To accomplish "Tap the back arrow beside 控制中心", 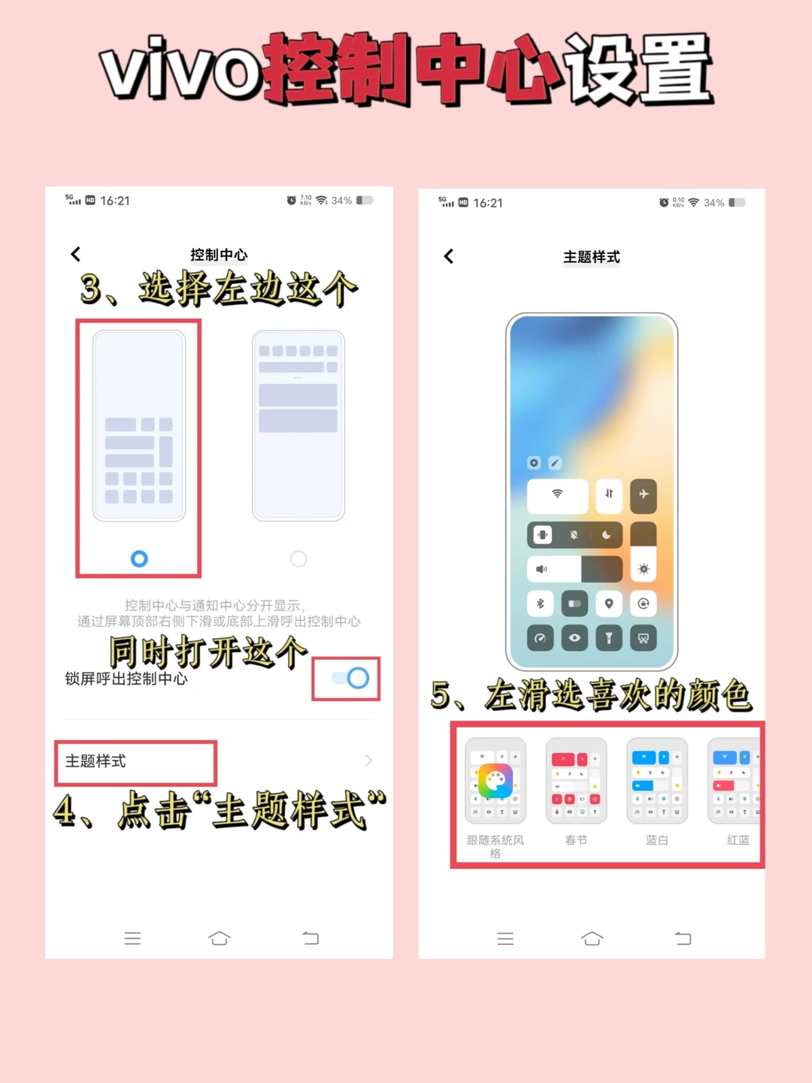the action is pyautogui.click(x=75, y=254).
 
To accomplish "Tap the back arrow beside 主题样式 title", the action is pyautogui.click(x=448, y=256).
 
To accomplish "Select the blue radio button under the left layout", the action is pyautogui.click(x=139, y=558).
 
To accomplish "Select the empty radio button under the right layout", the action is pyautogui.click(x=298, y=558).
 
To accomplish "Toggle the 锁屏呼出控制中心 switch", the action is pyautogui.click(x=350, y=678).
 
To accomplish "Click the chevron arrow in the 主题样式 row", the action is pyautogui.click(x=368, y=761).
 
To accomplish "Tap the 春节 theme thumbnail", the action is pyautogui.click(x=576, y=781).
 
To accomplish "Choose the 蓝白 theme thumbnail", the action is pyautogui.click(x=657, y=781).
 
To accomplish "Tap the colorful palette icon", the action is pyautogui.click(x=495, y=780).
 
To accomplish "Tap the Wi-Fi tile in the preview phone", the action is pyautogui.click(x=557, y=495).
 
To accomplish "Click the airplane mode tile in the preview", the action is pyautogui.click(x=643, y=495).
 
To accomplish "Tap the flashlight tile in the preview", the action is pyautogui.click(x=609, y=638).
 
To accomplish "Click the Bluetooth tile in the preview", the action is pyautogui.click(x=540, y=604).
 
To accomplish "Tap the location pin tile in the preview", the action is pyautogui.click(x=609, y=604).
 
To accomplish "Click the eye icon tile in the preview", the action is pyautogui.click(x=574, y=638).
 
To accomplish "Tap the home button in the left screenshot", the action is pyautogui.click(x=220, y=937).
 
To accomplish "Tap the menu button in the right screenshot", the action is pyautogui.click(x=505, y=939).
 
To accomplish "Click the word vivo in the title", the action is pyautogui.click(x=183, y=69).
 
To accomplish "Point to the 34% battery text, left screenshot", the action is pyautogui.click(x=341, y=201).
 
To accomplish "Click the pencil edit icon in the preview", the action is pyautogui.click(x=555, y=463).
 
